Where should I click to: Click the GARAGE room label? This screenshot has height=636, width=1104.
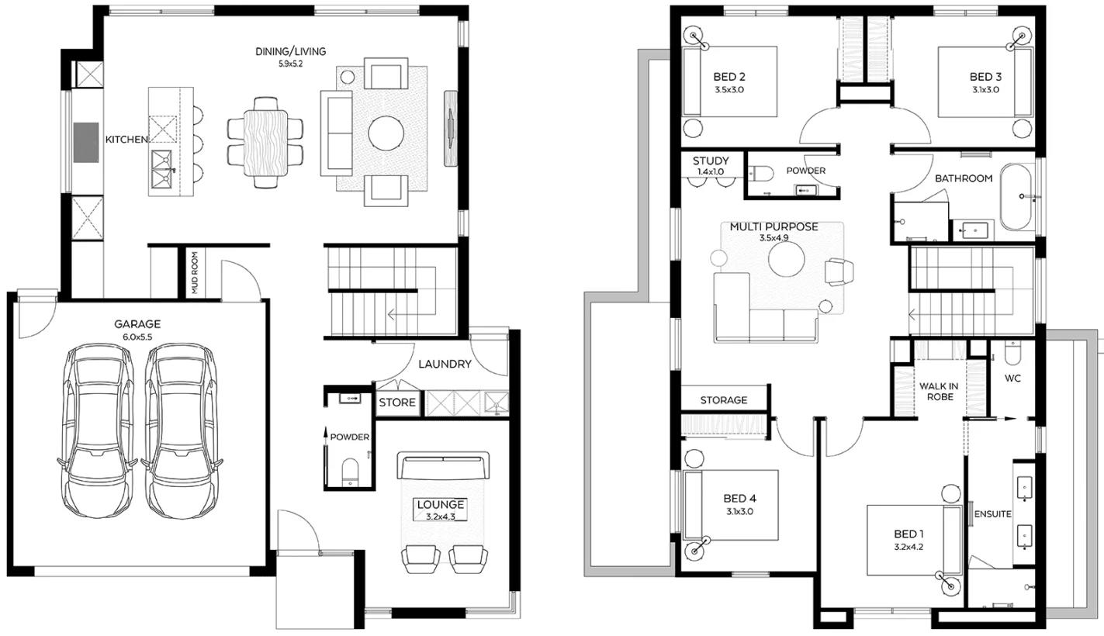coord(137,324)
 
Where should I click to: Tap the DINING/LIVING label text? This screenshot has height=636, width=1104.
coord(291,51)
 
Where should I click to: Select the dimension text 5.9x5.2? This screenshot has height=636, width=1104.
coord(290,64)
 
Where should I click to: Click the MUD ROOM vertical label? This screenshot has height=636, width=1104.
coord(195,273)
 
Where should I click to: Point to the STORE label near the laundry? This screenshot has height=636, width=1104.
coord(397,403)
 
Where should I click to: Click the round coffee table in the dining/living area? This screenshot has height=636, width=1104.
coord(386,133)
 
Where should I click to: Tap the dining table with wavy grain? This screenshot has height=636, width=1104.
coord(265,143)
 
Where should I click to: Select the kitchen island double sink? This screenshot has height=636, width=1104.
coord(162,169)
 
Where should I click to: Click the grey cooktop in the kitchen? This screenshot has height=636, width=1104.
coord(86,143)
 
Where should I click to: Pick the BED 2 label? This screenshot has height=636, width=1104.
coord(729,77)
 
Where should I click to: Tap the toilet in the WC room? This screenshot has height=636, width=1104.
coord(1012,353)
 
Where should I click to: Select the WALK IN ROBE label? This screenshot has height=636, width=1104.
coord(939,392)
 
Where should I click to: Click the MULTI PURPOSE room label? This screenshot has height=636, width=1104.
coord(773,227)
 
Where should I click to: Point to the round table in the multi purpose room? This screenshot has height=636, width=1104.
coord(787,259)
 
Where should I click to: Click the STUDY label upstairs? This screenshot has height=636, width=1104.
coord(711,161)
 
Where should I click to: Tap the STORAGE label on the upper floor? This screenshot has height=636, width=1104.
coord(724,400)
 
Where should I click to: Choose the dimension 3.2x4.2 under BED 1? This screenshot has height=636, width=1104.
coord(908,547)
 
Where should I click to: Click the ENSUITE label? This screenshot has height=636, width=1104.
coord(992,513)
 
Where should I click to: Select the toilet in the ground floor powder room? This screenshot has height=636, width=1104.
coord(350,471)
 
